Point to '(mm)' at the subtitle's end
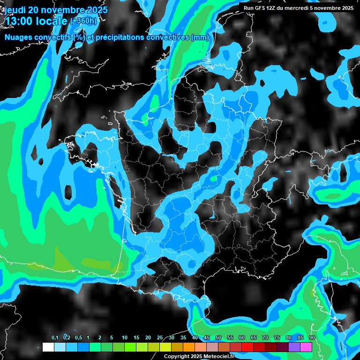pyautogui.click(x=200, y=37)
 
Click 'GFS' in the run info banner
pyautogui.click(x=260, y=8)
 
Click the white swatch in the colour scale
pyautogui.click(x=48, y=347)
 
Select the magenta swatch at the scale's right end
pyautogui.click(x=306, y=347)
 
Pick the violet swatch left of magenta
pyautogui.click(x=294, y=347)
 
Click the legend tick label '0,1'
pyautogui.click(x=55, y=337)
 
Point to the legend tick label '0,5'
pyautogui.click(x=78, y=337)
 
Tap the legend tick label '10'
pyautogui.click(x=125, y=337)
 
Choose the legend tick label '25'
pyautogui.click(x=160, y=337)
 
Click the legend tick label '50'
pyautogui.click(x=218, y=337)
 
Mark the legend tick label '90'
pyautogui.click(x=312, y=337)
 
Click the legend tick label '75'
pyautogui.click(x=277, y=337)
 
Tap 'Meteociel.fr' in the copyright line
pyautogui.click(x=220, y=356)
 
